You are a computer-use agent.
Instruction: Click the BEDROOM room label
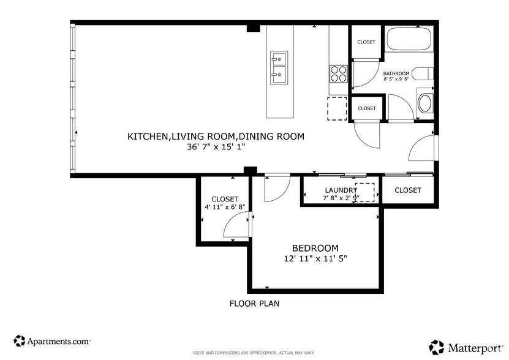[x=315, y=248]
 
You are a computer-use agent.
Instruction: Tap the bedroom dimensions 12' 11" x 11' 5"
[x=315, y=258]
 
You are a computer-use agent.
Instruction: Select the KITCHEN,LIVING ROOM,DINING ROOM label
[x=216, y=137]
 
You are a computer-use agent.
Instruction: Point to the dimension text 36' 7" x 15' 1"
[x=216, y=147]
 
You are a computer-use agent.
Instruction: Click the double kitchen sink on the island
[x=279, y=67]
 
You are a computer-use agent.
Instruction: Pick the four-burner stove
[x=338, y=74]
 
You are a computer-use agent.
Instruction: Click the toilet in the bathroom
[x=421, y=74]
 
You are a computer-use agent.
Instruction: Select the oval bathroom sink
[x=424, y=103]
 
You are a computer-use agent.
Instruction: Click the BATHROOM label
[x=396, y=73]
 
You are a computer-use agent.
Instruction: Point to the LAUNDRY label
[x=341, y=190]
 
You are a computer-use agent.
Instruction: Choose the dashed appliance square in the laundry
[x=364, y=192]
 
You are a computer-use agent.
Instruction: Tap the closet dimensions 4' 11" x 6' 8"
[x=224, y=207]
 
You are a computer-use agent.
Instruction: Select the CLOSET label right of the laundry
[x=407, y=190]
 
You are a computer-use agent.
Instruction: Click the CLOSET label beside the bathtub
[x=366, y=42]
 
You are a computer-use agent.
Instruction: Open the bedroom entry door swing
[x=276, y=189]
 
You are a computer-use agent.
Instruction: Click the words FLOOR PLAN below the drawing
[x=254, y=303]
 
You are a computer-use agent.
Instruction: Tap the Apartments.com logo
[x=52, y=340]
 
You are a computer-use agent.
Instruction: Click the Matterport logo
[x=466, y=347]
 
